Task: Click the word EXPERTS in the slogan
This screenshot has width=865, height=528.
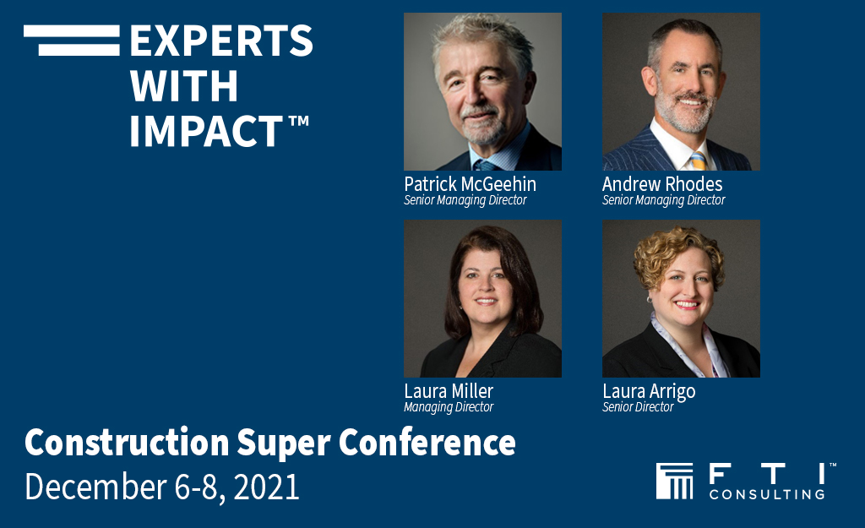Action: coord(221,41)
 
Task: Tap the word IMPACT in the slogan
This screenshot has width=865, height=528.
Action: coord(206,131)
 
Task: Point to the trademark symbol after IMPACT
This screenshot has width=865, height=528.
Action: coord(298,121)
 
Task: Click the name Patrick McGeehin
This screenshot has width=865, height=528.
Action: coord(470,183)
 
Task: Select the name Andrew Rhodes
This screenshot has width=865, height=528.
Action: coord(662,183)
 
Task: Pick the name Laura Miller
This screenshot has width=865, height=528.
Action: coord(449,390)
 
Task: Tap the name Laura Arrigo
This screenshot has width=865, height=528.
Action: coord(649,392)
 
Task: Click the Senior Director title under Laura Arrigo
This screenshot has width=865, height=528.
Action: coord(638,407)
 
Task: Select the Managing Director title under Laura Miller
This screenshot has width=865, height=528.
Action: coord(449,407)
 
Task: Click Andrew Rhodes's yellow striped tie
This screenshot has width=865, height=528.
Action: coord(698,161)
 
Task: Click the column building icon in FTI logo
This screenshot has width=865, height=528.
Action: coord(674,481)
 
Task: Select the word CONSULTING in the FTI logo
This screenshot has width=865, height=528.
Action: coord(767,494)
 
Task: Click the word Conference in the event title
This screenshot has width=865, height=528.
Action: coord(427,443)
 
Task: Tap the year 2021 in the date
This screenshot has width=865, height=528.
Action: coord(266,487)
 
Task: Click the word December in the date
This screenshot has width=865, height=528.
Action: coord(95,487)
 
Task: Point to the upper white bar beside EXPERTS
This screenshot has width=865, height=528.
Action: coord(72,30)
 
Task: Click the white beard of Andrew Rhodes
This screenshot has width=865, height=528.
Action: coord(685,114)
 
